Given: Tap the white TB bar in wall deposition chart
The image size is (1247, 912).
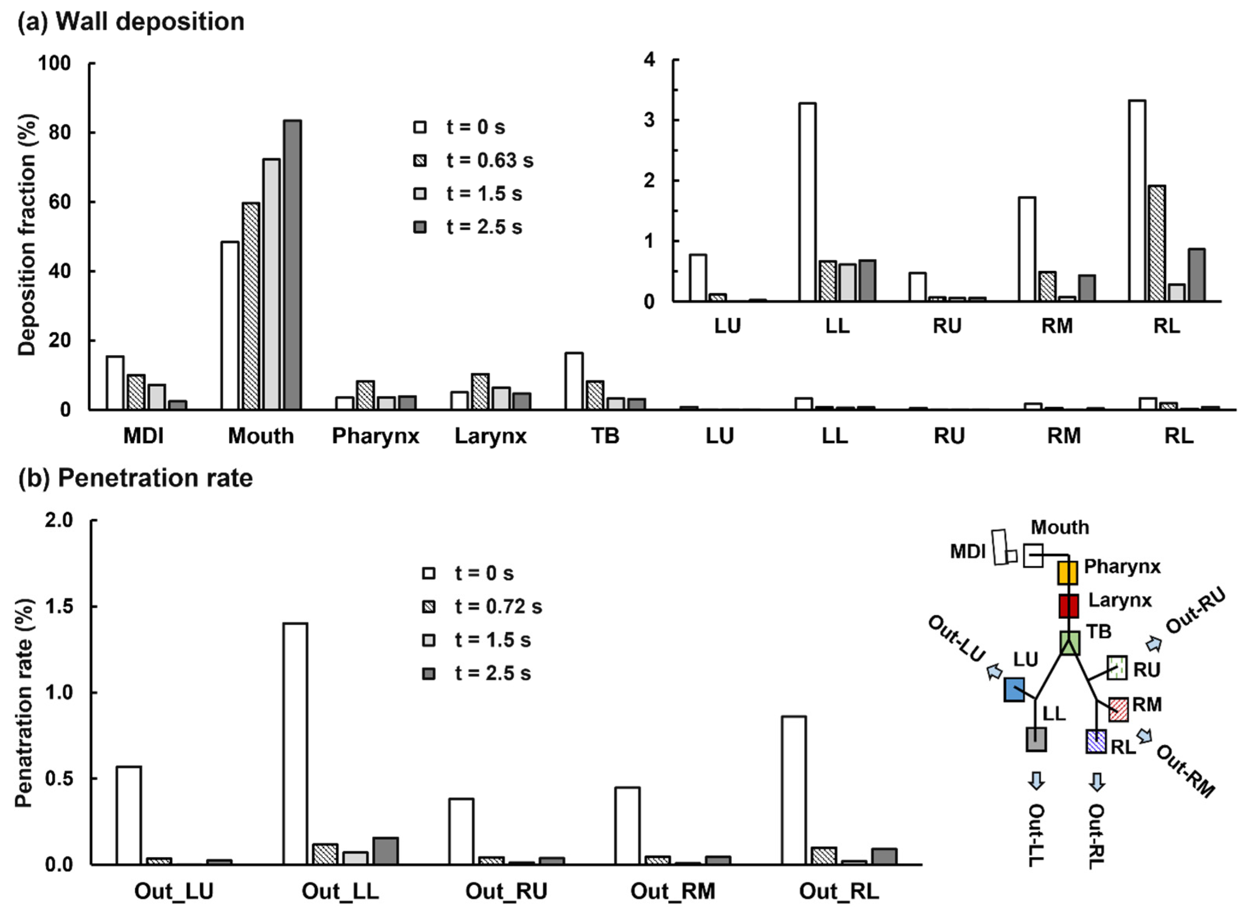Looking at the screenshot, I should point(573,381).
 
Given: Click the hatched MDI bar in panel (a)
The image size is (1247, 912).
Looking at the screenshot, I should point(136,392).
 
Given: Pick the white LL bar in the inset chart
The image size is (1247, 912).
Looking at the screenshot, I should point(807,201).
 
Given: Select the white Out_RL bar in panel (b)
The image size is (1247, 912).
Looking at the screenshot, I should point(793,790).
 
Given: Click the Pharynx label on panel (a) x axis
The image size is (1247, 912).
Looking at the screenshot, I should point(375,436).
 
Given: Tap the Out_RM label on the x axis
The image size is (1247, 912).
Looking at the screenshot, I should point(672,890).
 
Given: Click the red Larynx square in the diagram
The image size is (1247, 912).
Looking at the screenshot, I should point(1068,606).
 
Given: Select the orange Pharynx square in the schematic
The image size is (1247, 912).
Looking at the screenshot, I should point(1067,572).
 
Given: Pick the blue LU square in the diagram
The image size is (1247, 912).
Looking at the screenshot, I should point(1014,689).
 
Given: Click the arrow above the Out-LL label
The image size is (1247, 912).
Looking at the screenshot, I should point(1036,781).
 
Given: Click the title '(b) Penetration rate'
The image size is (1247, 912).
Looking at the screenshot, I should point(136,478).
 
